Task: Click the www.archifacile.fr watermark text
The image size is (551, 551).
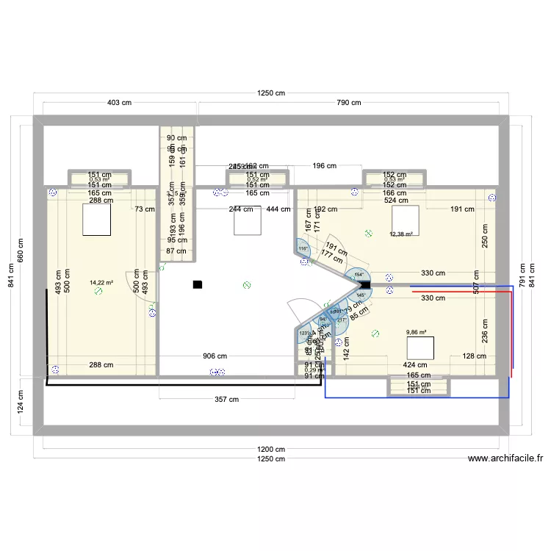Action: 505,458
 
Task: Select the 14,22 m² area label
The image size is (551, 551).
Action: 101,282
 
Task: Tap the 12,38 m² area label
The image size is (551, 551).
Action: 401,235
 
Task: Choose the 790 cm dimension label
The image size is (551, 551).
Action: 348,103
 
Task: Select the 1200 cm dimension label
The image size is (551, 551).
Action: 270,450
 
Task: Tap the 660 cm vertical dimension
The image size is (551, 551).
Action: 21,252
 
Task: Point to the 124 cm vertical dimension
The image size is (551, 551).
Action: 21,401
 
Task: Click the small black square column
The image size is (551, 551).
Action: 196,284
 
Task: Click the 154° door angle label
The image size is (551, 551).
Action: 359,275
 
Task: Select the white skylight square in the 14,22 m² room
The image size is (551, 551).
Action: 96,220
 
